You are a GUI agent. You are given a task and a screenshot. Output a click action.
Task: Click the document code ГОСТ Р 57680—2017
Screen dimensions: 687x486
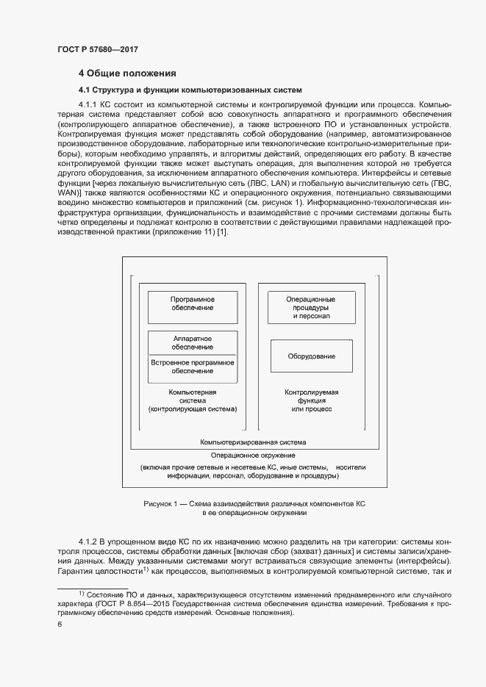click(x=98, y=49)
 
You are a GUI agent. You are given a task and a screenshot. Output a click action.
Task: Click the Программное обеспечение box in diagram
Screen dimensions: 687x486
click(x=193, y=308)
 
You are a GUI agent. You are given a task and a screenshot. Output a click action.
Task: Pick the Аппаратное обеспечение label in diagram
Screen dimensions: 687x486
click(x=193, y=342)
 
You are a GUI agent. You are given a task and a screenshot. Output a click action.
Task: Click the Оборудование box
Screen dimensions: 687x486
click(x=311, y=356)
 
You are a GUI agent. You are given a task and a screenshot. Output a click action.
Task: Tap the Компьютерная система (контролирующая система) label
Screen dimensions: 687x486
click(x=193, y=400)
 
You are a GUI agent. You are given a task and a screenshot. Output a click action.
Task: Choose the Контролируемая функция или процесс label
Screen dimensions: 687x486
click(x=311, y=400)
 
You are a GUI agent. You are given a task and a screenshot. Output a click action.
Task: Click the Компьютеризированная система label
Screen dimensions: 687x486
click(x=253, y=443)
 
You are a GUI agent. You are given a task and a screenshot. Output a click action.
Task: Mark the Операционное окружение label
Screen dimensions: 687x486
click(x=252, y=456)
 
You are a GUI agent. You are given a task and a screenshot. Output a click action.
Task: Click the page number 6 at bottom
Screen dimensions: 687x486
click(x=60, y=624)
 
